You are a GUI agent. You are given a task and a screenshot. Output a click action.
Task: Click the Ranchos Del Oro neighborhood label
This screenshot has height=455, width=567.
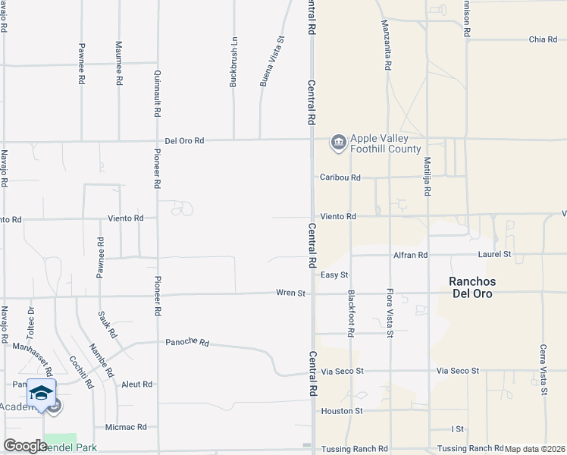tap(471, 287)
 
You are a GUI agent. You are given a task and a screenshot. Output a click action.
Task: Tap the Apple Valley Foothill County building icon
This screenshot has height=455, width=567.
tap(337, 142)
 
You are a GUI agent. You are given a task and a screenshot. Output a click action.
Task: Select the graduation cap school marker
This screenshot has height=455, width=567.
tap(41, 392)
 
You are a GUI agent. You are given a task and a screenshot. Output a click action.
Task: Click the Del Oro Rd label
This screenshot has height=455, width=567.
tap(185, 140)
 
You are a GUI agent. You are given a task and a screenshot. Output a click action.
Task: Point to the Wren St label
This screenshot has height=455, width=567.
tap(290, 293)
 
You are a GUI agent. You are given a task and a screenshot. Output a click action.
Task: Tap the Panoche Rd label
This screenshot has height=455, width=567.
tap(187, 342)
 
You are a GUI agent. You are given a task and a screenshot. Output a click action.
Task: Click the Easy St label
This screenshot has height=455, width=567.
tap(334, 275)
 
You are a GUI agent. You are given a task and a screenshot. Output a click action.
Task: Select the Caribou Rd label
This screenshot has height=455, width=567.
tap(340, 177)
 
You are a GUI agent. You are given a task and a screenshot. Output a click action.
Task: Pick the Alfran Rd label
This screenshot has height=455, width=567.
tap(412, 255)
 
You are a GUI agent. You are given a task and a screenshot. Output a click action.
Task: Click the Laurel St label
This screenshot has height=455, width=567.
tap(495, 254)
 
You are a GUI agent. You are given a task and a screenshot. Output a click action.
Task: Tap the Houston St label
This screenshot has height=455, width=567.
tap(342, 410)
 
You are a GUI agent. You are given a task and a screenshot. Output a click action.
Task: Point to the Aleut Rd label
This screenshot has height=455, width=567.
tap(136, 384)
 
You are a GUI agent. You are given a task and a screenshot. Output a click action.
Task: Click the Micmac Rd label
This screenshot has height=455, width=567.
tap(126, 427)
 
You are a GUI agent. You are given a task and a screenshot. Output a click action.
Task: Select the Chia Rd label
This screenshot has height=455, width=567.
tap(543, 39)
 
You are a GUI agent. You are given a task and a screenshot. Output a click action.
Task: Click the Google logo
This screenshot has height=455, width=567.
tap(25, 446)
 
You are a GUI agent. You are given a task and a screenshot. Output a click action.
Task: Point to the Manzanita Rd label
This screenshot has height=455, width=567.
tap(387, 45)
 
